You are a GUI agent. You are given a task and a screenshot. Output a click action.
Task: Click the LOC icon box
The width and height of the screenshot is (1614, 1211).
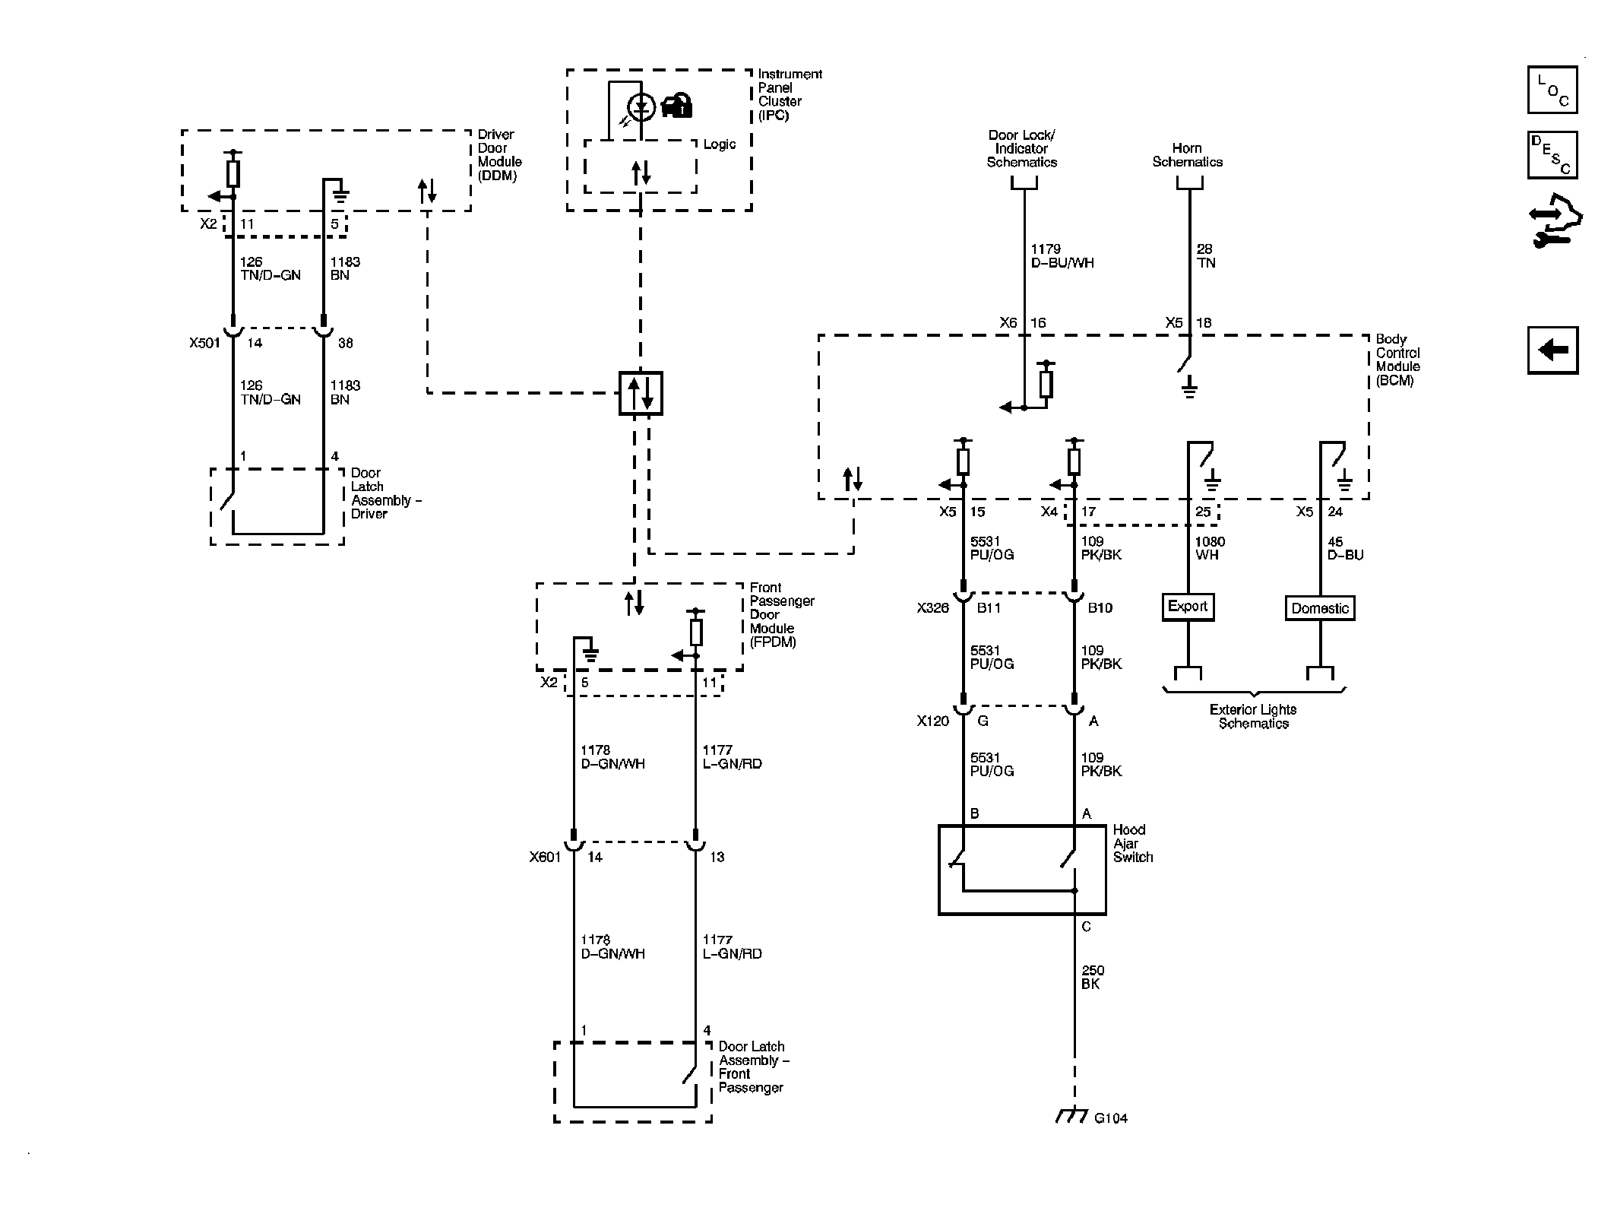pos(1552,90)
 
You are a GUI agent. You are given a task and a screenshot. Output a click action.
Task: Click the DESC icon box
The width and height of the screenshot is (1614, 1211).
pos(1552,155)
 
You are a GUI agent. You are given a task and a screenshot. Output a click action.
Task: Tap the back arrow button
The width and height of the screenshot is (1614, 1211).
pos(1552,350)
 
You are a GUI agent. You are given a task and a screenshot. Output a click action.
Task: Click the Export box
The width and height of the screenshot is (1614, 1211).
pos(1187,607)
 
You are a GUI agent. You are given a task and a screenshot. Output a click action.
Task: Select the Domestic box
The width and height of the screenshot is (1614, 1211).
pos(1319,608)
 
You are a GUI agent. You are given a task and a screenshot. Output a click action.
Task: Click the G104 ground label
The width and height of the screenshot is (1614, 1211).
pos(1110,1118)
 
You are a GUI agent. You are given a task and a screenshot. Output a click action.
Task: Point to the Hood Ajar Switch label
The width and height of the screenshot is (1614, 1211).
pos(1132,843)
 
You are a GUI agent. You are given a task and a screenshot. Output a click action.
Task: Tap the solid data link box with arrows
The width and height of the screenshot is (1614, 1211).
pos(640,393)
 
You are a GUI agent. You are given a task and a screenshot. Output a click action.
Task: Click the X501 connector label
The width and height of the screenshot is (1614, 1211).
pos(204,343)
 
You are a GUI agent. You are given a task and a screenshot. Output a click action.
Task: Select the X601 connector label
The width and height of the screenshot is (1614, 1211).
pos(545,857)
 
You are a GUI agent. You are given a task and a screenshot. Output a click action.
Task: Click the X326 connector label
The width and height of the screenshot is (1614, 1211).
pos(932,608)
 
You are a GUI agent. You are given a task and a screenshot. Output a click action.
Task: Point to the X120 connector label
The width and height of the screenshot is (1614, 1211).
pos(932,721)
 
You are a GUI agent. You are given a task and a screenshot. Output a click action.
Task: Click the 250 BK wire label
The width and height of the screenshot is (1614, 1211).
pos(1093,977)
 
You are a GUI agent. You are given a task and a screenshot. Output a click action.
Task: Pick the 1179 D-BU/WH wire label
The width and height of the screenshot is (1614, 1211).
pos(1062,256)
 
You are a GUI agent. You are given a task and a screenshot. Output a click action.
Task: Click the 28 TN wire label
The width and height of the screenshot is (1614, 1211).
pos(1205,256)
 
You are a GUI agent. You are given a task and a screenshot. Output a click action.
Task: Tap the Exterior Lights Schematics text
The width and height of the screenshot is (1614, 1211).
pos(1253,716)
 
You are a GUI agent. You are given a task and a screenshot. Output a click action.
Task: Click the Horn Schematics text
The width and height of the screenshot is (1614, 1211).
pos(1187,155)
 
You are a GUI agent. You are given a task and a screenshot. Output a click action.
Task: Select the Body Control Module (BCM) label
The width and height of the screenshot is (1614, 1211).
pos(1397,360)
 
